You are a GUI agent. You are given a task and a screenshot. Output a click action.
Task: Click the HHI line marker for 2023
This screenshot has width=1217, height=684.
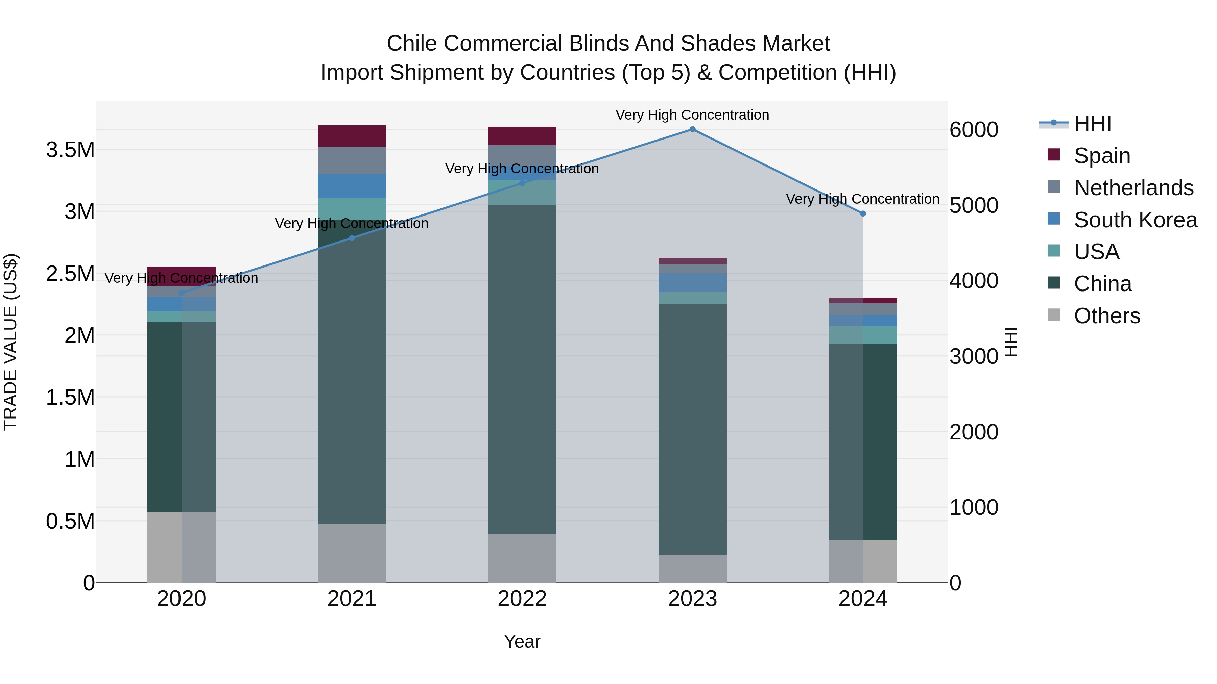(692, 129)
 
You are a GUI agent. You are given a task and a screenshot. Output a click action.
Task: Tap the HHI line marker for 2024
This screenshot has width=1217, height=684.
(863, 214)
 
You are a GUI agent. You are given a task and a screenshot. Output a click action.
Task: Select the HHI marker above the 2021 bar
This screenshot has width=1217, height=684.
(352, 238)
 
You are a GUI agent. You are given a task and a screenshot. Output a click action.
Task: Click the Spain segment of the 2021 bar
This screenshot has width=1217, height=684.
(352, 136)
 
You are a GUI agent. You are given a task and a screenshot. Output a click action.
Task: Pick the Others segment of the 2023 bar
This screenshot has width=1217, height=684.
(692, 568)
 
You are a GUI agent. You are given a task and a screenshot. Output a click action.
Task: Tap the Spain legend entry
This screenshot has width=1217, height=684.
(1101, 156)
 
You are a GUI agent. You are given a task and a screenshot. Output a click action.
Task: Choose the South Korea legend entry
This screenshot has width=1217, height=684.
(1135, 220)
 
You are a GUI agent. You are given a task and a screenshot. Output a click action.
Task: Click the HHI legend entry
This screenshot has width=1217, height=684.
(1092, 124)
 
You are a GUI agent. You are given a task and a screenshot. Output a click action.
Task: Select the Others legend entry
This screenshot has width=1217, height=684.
(1106, 316)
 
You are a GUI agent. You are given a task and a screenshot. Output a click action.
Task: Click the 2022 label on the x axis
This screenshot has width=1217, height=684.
(522, 599)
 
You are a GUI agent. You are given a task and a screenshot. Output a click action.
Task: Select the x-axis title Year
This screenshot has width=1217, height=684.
(522, 641)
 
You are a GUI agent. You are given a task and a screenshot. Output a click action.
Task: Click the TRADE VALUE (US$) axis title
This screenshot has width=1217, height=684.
(10, 342)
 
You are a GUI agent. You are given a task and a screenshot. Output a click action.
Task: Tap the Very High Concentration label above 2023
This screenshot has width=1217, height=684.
(692, 115)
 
